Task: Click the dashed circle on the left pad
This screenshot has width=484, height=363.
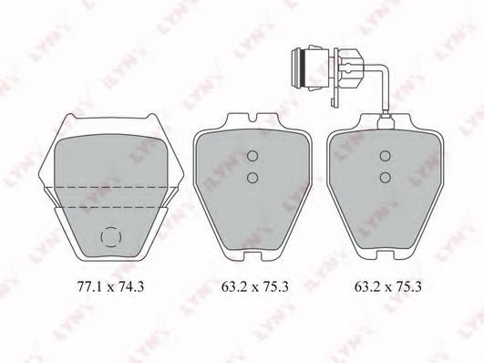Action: point(101,237)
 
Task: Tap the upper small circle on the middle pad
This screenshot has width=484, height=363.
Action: point(252,156)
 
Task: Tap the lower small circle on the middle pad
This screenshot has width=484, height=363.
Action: point(252,177)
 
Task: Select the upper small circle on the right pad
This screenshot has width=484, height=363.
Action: point(386,156)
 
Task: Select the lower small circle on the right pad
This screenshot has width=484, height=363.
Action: point(386,177)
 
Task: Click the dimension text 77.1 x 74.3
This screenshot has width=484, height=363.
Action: point(110,287)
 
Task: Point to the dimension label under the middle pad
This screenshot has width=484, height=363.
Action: point(255,287)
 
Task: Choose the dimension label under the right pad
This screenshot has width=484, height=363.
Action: point(387,287)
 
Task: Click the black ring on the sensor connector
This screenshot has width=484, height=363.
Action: point(304,68)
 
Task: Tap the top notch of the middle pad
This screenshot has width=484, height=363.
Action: point(253,119)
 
